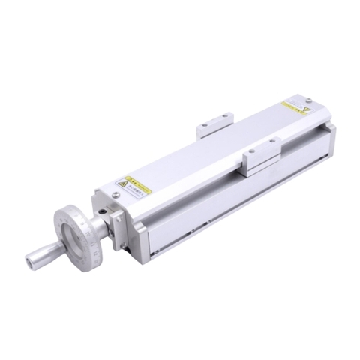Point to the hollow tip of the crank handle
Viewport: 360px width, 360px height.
click(28, 262)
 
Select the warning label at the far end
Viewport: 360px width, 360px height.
click(295, 108)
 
